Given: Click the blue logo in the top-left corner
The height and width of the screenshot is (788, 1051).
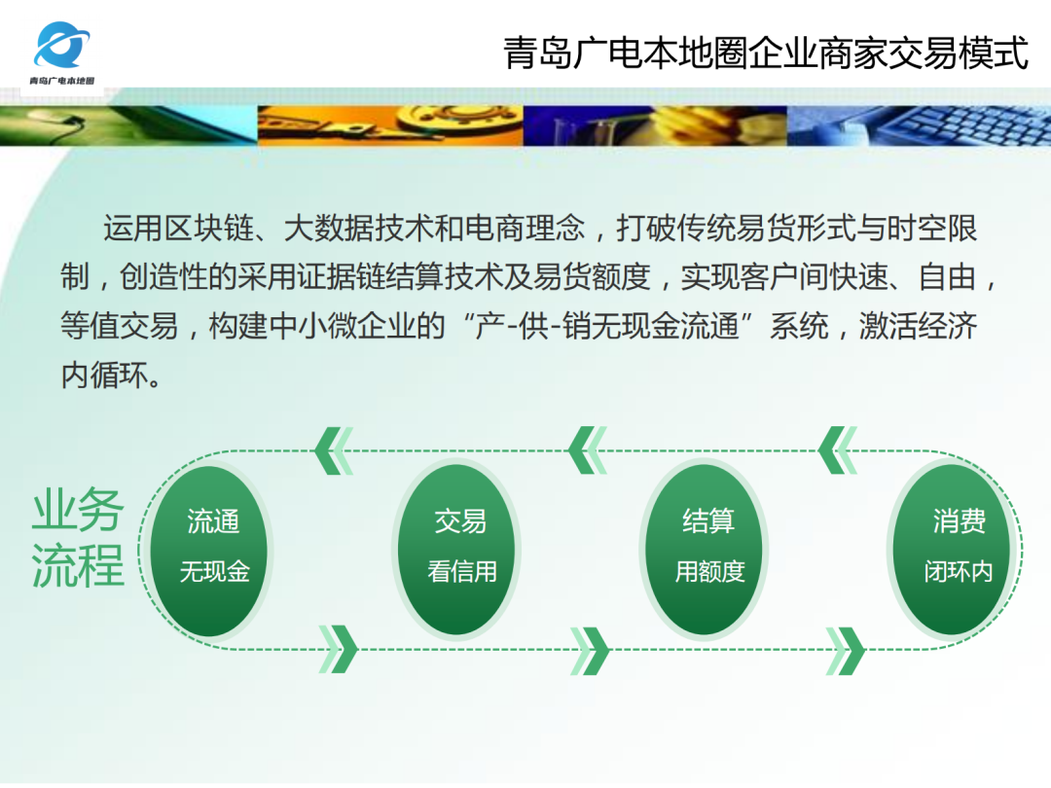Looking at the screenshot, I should point(63,44).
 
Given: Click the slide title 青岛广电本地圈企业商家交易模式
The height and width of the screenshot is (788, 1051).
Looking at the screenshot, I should point(766,53).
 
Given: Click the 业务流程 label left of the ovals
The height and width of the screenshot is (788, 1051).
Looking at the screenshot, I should point(78,538).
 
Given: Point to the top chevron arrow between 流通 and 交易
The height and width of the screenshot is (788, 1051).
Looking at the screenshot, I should point(334,450).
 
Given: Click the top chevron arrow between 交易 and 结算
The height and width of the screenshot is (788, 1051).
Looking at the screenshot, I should point(588,450).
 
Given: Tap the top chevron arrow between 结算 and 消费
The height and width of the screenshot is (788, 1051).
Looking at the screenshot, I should point(837,450).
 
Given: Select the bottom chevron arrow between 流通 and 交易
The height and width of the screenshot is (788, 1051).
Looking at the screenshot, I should point(338,650).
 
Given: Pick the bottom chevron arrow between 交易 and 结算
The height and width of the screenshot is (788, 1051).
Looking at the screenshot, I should point(590,650).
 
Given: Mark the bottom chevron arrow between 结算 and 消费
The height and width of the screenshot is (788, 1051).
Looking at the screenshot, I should point(845,650).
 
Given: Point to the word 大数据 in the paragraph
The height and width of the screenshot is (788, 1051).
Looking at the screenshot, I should point(328,229).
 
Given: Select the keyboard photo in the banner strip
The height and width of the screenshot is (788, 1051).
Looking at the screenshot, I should point(920,125).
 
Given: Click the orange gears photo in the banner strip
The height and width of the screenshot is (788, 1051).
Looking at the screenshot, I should point(389,125).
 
